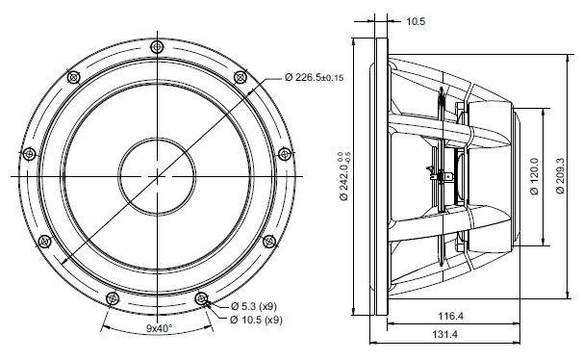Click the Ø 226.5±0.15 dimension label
314,77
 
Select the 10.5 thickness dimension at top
416,21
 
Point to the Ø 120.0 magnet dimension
534,176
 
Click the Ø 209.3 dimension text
560,176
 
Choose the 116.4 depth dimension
451,316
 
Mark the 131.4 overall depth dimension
445,334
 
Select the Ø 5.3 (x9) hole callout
254,306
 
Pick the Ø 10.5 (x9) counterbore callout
256,320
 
